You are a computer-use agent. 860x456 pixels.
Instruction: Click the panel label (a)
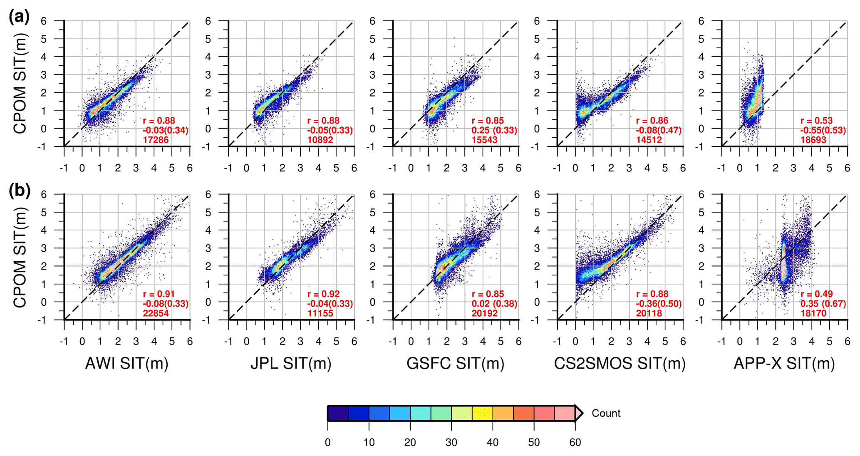[19, 17]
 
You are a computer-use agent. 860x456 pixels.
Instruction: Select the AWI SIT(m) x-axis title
[127, 364]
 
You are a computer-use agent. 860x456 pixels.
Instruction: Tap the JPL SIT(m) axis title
[291, 364]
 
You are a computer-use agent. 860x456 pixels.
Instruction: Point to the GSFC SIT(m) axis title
[455, 364]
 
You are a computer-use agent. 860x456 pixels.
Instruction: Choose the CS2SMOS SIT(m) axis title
[620, 364]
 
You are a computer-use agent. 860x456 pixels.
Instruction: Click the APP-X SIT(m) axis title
[784, 364]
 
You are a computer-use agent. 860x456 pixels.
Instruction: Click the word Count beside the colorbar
[606, 413]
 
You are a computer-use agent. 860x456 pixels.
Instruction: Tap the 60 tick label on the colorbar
[575, 442]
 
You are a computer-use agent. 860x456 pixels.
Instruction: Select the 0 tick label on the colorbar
[328, 442]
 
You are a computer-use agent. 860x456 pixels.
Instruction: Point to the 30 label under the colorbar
[451, 442]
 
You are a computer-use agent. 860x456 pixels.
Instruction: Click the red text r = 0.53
[816, 121]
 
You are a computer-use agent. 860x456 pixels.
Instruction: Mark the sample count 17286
[156, 140]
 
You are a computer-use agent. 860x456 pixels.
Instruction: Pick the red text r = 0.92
[324, 294]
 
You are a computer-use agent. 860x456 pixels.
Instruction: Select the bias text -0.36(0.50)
[659, 304]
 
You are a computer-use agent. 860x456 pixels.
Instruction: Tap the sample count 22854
[156, 313]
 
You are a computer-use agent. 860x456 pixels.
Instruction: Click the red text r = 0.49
[816, 294]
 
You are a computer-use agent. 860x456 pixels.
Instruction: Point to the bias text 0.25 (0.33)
[494, 130]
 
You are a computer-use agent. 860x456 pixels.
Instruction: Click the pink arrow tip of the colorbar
[580, 413]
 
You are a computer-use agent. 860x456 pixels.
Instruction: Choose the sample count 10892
[320, 140]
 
